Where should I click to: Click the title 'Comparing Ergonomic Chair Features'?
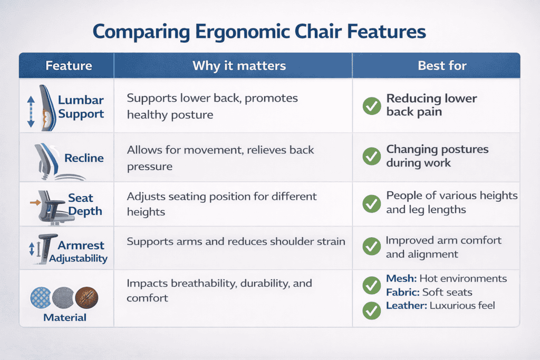[x=259, y=31]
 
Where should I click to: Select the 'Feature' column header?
[x=69, y=66]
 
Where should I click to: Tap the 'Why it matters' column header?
[x=239, y=66]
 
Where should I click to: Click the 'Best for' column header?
[x=442, y=66]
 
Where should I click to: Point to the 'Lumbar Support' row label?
[x=81, y=106]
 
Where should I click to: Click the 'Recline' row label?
[x=84, y=158]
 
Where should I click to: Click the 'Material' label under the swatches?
[x=65, y=317]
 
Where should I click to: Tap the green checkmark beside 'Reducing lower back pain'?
[x=372, y=106]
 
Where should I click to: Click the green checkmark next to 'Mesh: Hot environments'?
[x=372, y=285]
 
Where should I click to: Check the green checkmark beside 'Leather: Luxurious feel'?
[x=372, y=311]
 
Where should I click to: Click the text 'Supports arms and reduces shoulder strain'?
[x=236, y=241]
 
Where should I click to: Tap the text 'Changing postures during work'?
[x=437, y=156]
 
